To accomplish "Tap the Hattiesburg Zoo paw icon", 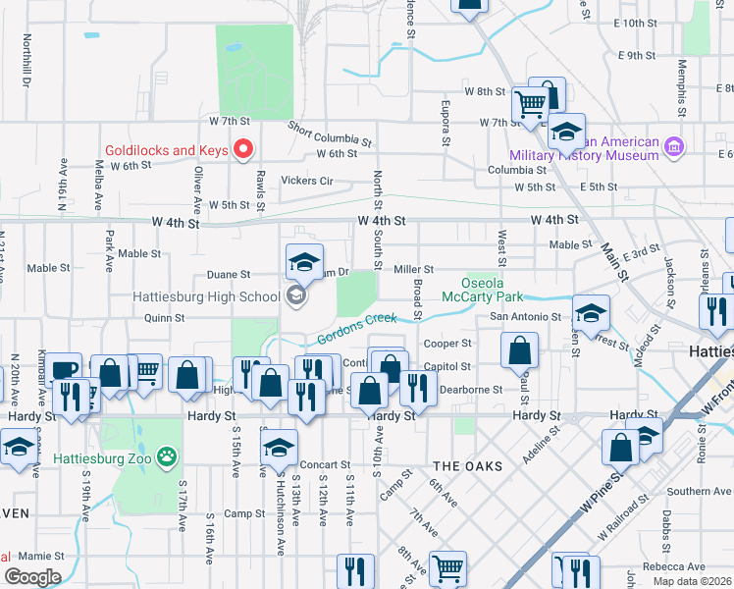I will pyautogui.click(x=169, y=455).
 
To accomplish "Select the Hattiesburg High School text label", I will pyautogui.click(x=208, y=296).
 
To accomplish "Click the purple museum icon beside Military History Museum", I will pyautogui.click(x=673, y=148).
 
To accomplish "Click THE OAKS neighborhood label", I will pyautogui.click(x=468, y=465).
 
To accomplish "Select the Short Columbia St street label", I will pyautogui.click(x=330, y=134).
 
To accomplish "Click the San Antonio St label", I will pyautogui.click(x=525, y=318).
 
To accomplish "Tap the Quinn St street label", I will pyautogui.click(x=164, y=318).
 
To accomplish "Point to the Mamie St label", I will pyautogui.click(x=39, y=555).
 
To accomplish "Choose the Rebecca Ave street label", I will pyautogui.click(x=673, y=566).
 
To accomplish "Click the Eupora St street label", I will pyautogui.click(x=446, y=123).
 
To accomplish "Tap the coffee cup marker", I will pyautogui.click(x=65, y=369).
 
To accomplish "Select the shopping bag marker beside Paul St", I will pyautogui.click(x=519, y=349).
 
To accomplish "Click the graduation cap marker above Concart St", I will pyautogui.click(x=279, y=448).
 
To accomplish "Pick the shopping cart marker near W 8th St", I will pyautogui.click(x=530, y=102).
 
